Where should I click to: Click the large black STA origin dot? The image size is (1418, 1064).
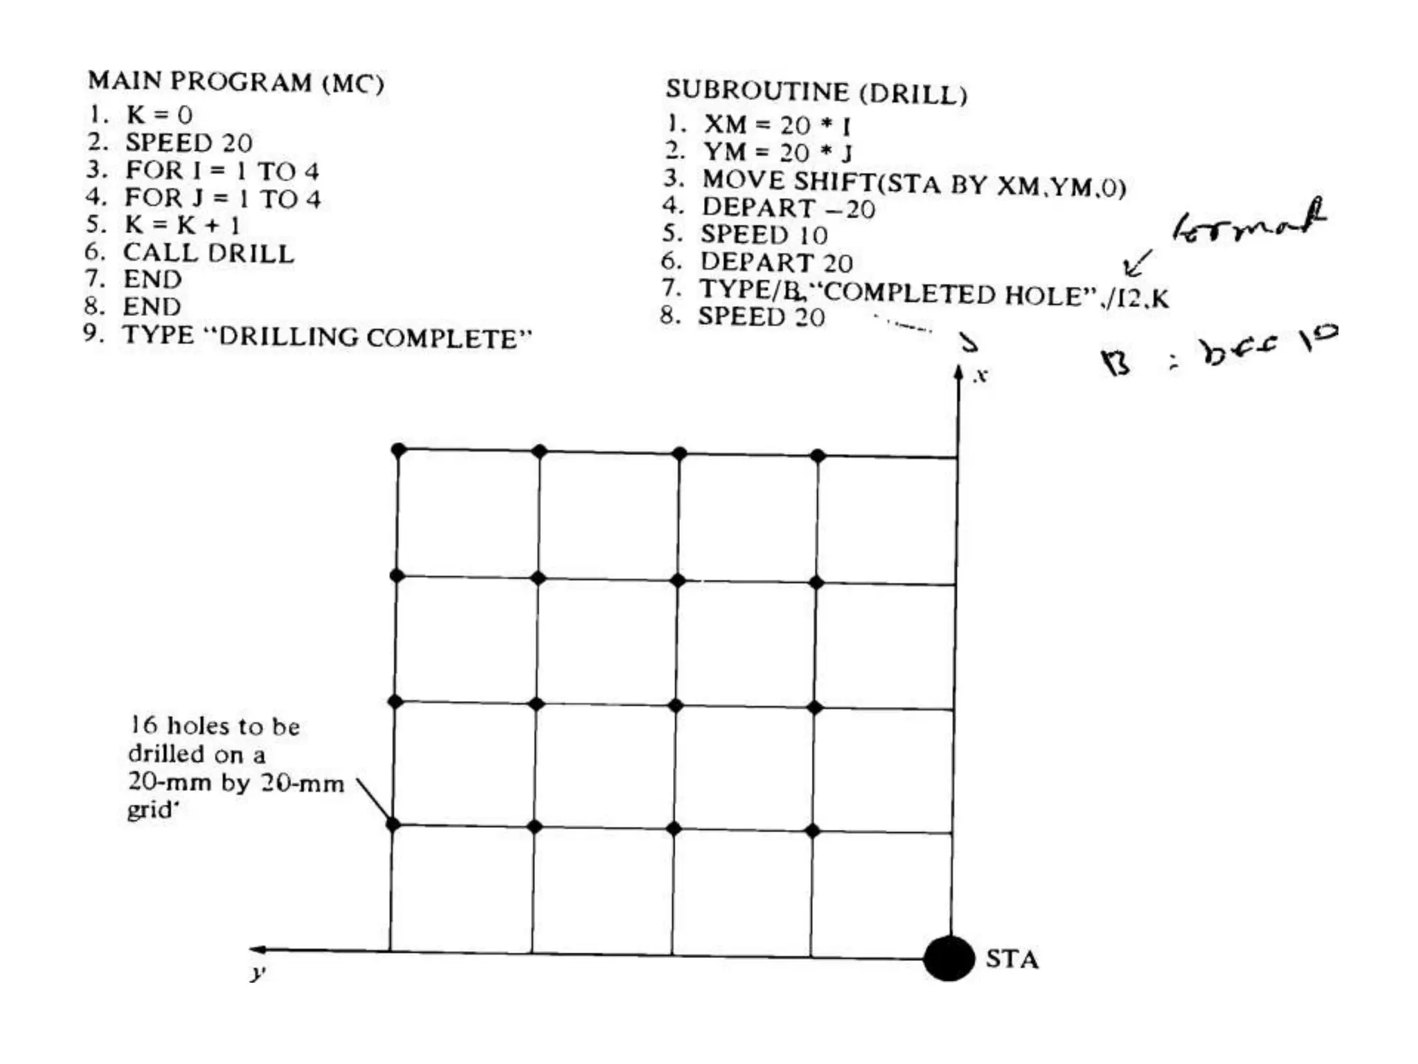[x=949, y=959]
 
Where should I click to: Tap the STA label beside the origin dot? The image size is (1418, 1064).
[x=1012, y=959]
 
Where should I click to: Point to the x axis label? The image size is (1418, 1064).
[x=980, y=376]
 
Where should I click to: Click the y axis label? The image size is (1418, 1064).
[x=258, y=974]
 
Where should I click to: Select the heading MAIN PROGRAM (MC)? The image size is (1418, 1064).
[x=235, y=82]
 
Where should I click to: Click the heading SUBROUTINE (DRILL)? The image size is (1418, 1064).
[x=816, y=91]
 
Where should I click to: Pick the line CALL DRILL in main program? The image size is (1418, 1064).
[x=208, y=254]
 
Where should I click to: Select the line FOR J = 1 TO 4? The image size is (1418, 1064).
[x=222, y=199]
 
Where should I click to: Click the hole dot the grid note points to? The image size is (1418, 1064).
[x=393, y=824]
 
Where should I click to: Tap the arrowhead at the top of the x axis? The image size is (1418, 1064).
[x=958, y=373]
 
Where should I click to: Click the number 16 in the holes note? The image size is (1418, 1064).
[x=144, y=725]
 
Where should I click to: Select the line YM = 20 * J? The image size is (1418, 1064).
[x=777, y=152]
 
